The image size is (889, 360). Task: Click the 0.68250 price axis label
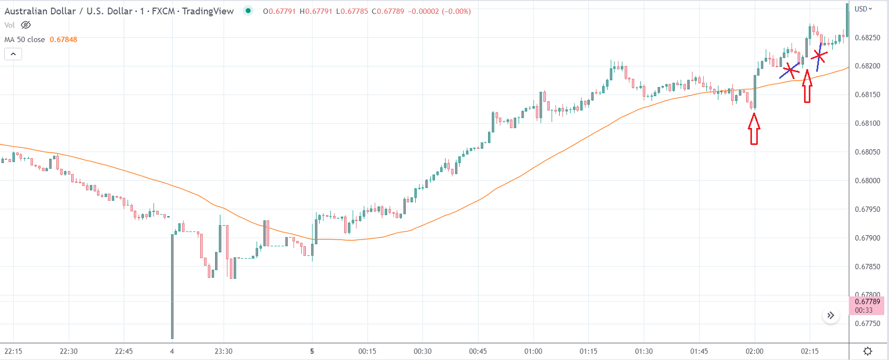[867, 38]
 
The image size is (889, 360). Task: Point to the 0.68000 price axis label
[867, 181]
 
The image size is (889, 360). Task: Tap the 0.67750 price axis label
[867, 323]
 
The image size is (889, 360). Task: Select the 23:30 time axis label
[224, 351]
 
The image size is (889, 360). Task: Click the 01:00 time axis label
[533, 351]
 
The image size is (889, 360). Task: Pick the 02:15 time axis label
[810, 351]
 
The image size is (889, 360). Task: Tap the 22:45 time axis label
[124, 351]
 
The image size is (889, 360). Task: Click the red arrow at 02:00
[754, 129]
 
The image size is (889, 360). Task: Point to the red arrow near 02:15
[807, 87]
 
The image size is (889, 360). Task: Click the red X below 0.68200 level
[790, 70]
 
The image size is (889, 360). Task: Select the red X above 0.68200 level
[819, 56]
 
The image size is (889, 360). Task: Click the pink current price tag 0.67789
[867, 305]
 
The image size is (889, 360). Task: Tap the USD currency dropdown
[863, 9]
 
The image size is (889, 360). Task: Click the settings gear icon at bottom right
[868, 351]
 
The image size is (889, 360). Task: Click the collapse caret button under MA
[13, 54]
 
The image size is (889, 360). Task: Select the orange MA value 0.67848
[63, 39]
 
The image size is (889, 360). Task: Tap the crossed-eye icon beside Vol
[26, 25]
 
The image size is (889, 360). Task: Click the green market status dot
[248, 11]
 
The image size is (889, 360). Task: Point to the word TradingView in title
[208, 11]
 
